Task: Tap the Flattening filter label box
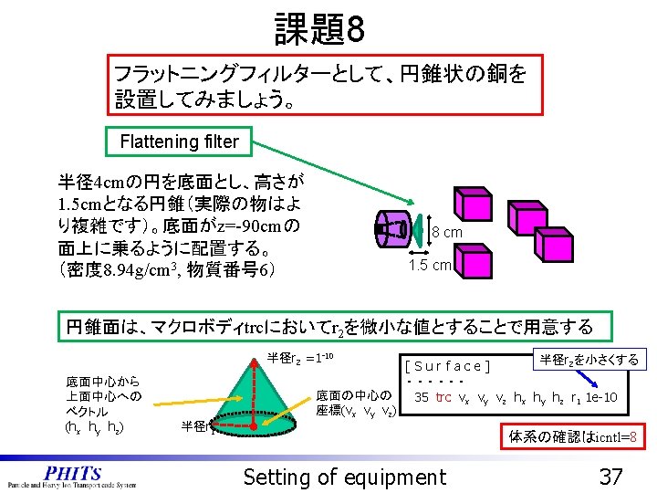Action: coord(180,142)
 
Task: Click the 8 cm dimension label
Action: coord(446,233)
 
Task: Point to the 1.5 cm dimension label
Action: coord(430,265)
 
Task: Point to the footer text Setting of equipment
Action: coord(345,476)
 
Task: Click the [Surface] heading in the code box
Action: coord(448,367)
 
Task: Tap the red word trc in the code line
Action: coord(443,397)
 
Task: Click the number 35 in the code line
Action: coord(422,397)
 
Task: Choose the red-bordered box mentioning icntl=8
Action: coord(575,436)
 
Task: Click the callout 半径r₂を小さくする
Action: coord(589,360)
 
